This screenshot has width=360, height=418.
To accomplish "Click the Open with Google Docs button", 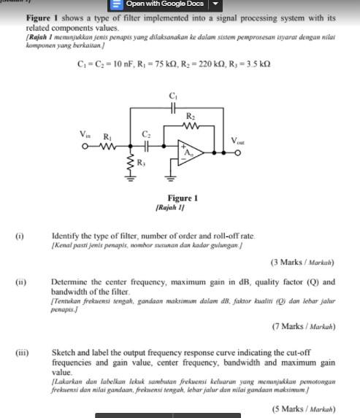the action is tap(161, 4).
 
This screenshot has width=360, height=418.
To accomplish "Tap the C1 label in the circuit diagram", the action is tap(173, 96).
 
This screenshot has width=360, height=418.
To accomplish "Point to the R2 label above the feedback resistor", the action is tap(191, 116).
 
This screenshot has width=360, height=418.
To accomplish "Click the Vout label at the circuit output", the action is tap(239, 141).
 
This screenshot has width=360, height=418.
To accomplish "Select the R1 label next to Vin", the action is tap(107, 136).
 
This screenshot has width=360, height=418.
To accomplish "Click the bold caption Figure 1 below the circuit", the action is tap(183, 198).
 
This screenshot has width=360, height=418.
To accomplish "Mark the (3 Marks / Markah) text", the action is tap(303, 261).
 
